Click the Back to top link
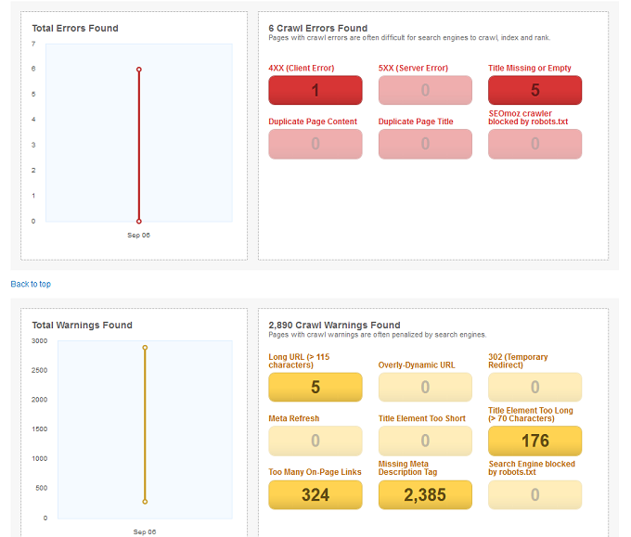coord(31,284)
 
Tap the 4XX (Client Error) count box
coord(315,90)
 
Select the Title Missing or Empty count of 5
coord(534,90)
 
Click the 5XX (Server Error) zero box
coord(425,90)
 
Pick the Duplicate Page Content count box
coord(315,144)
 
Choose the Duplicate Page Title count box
coord(425,144)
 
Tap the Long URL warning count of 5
coord(315,387)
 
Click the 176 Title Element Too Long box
coord(534,441)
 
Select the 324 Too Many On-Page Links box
coord(315,494)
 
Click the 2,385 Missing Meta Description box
coord(425,494)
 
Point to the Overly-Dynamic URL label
coord(417,364)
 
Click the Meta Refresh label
coord(294,418)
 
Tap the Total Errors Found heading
coord(75,28)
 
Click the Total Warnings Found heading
coord(82,325)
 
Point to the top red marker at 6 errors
coord(139,70)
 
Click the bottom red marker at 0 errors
coord(139,222)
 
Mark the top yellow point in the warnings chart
coord(145,348)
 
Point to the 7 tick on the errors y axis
coord(33,44)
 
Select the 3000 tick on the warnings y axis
coord(39,340)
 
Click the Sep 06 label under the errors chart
coord(139,235)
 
